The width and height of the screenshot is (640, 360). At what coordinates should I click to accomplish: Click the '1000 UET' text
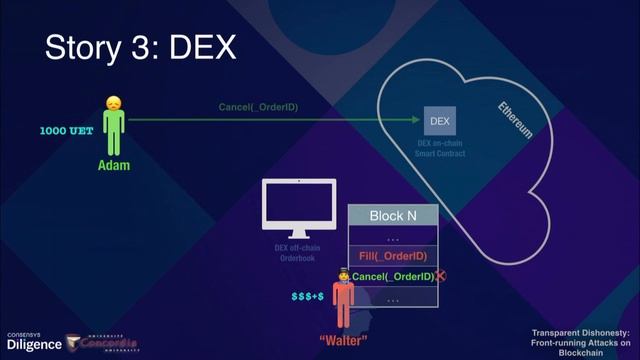coord(67,131)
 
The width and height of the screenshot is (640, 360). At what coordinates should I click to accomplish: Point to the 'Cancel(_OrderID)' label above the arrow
coord(258,107)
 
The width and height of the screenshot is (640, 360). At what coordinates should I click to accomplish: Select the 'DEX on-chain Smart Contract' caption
coord(440,150)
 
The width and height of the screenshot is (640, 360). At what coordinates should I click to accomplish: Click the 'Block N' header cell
coord(392,216)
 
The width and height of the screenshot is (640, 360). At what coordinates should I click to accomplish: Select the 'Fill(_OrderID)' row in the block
coord(392,257)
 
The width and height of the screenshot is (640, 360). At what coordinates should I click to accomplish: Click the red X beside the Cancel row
coord(441,276)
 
